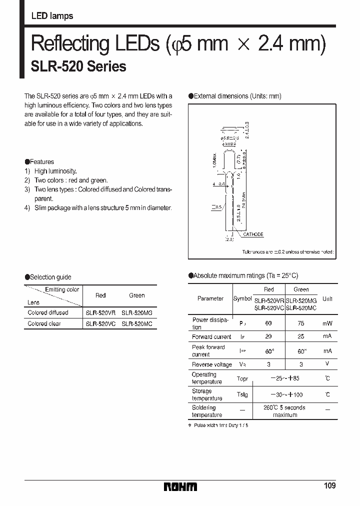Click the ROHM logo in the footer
pyautogui.click(x=180, y=486)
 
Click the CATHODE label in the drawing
pyautogui.click(x=253, y=234)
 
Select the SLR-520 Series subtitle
pyautogui.click(x=78, y=66)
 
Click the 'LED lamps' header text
pyautogui.click(x=52, y=16)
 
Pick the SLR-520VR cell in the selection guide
pyautogui.click(x=100, y=312)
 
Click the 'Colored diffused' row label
pyautogui.click(x=48, y=312)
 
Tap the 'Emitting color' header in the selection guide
pyautogui.click(x=62, y=289)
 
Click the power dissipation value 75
pyautogui.click(x=301, y=323)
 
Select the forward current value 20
pyautogui.click(x=268, y=337)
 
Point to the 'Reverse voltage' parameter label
pyautogui.click(x=212, y=364)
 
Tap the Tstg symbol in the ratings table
pyautogui.click(x=242, y=395)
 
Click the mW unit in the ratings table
pyautogui.click(x=327, y=323)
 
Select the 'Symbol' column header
pyautogui.click(x=242, y=298)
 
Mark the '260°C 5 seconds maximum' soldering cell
pyautogui.click(x=284, y=411)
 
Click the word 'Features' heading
pyautogui.click(x=41, y=162)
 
